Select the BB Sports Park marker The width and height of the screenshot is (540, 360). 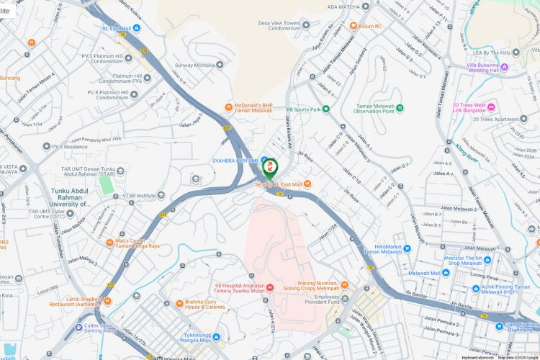tap(325, 109)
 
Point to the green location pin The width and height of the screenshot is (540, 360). tap(270, 168)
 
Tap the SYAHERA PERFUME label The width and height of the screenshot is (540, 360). tap(235, 160)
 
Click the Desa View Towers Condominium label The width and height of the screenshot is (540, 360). tap(279, 25)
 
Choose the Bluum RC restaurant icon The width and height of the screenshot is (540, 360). tap(353, 26)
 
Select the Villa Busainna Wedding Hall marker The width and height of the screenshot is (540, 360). tap(505, 68)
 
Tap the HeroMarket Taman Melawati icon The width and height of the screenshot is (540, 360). tap(406, 248)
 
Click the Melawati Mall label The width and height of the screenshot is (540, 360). tap(428, 274)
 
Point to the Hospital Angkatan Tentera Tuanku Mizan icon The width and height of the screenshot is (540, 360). tap(269, 288)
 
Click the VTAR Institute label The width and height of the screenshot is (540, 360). tap(139, 195)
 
